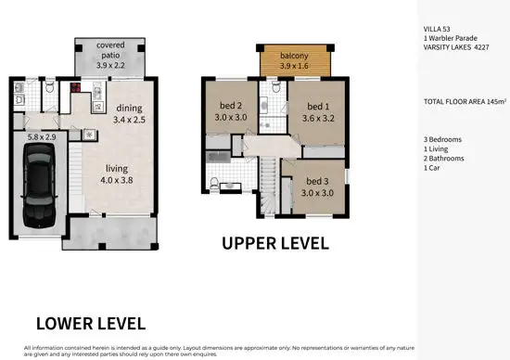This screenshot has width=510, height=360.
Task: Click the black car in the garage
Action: pyautogui.click(x=40, y=182)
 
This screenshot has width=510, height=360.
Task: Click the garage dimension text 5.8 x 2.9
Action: pyautogui.click(x=42, y=135)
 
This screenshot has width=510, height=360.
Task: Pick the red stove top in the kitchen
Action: pyautogui.click(x=75, y=90)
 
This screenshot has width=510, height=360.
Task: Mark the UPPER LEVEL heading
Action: pyautogui.click(x=274, y=243)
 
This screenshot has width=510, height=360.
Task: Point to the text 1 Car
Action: pyautogui.click(x=432, y=167)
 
